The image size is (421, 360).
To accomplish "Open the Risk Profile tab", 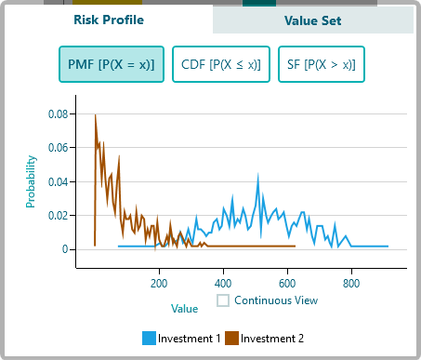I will [110, 20].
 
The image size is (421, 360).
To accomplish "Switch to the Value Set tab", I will [313, 20].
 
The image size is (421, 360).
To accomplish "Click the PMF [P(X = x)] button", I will [112, 65].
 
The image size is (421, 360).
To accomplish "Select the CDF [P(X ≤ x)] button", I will [221, 65].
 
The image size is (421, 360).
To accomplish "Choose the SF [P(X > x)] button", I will [321, 65].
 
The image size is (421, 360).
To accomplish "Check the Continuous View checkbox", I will [223, 300].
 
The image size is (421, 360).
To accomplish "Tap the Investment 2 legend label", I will [272, 338].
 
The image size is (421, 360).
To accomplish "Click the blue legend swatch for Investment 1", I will [149, 338].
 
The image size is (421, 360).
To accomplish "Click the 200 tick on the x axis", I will [159, 284].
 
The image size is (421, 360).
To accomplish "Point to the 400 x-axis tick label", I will [223, 284].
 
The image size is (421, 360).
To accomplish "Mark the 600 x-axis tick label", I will [287, 284].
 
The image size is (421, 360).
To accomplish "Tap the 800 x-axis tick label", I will [351, 284].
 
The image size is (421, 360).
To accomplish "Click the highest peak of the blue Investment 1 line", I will [259, 174].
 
